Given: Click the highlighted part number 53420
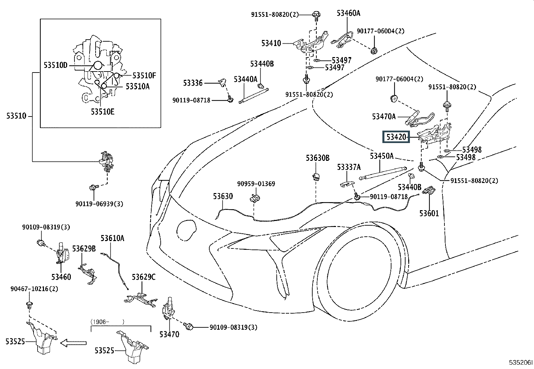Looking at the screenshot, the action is pyautogui.click(x=396, y=137).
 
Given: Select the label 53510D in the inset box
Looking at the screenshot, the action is pyautogui.click(x=56, y=65).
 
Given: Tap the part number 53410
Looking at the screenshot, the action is pyautogui.click(x=271, y=43).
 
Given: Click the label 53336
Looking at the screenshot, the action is pyautogui.click(x=193, y=83).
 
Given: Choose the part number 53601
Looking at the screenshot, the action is pyautogui.click(x=429, y=213).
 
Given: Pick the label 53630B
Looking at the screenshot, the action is pyautogui.click(x=318, y=158).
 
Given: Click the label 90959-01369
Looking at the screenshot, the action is pyautogui.click(x=256, y=184).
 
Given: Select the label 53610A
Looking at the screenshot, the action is pyautogui.click(x=112, y=238).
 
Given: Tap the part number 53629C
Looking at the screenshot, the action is pyautogui.click(x=144, y=277).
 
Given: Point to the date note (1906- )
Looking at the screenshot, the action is pyautogui.click(x=107, y=322).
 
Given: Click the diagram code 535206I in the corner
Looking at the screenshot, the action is pyautogui.click(x=521, y=362).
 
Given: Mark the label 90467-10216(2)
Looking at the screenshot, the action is pyautogui.click(x=34, y=289).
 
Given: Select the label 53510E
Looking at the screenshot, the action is pyautogui.click(x=103, y=111).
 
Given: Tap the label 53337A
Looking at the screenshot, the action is pyautogui.click(x=349, y=167).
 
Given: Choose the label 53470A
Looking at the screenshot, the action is pyautogui.click(x=384, y=117).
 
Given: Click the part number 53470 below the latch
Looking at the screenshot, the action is pyautogui.click(x=169, y=334).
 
